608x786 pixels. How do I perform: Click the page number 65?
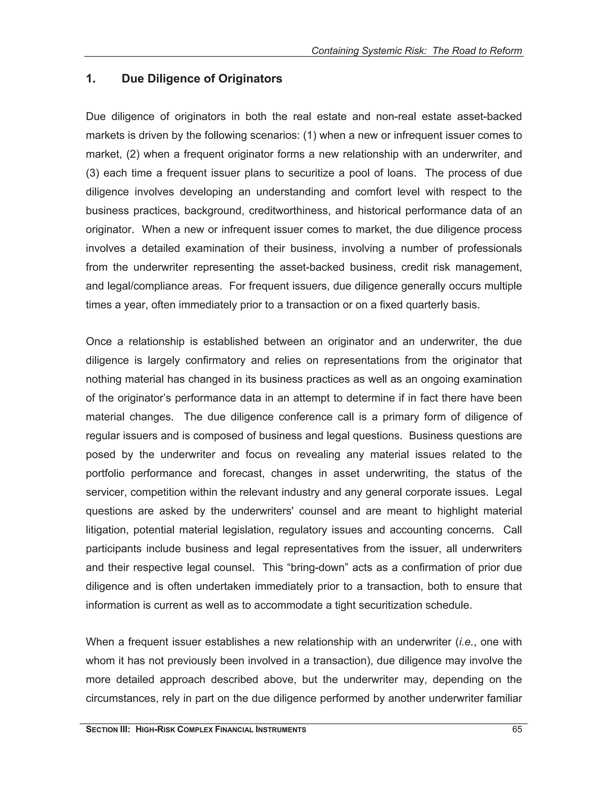[x=517, y=730]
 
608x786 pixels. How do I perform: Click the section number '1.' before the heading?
[x=91, y=79]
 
